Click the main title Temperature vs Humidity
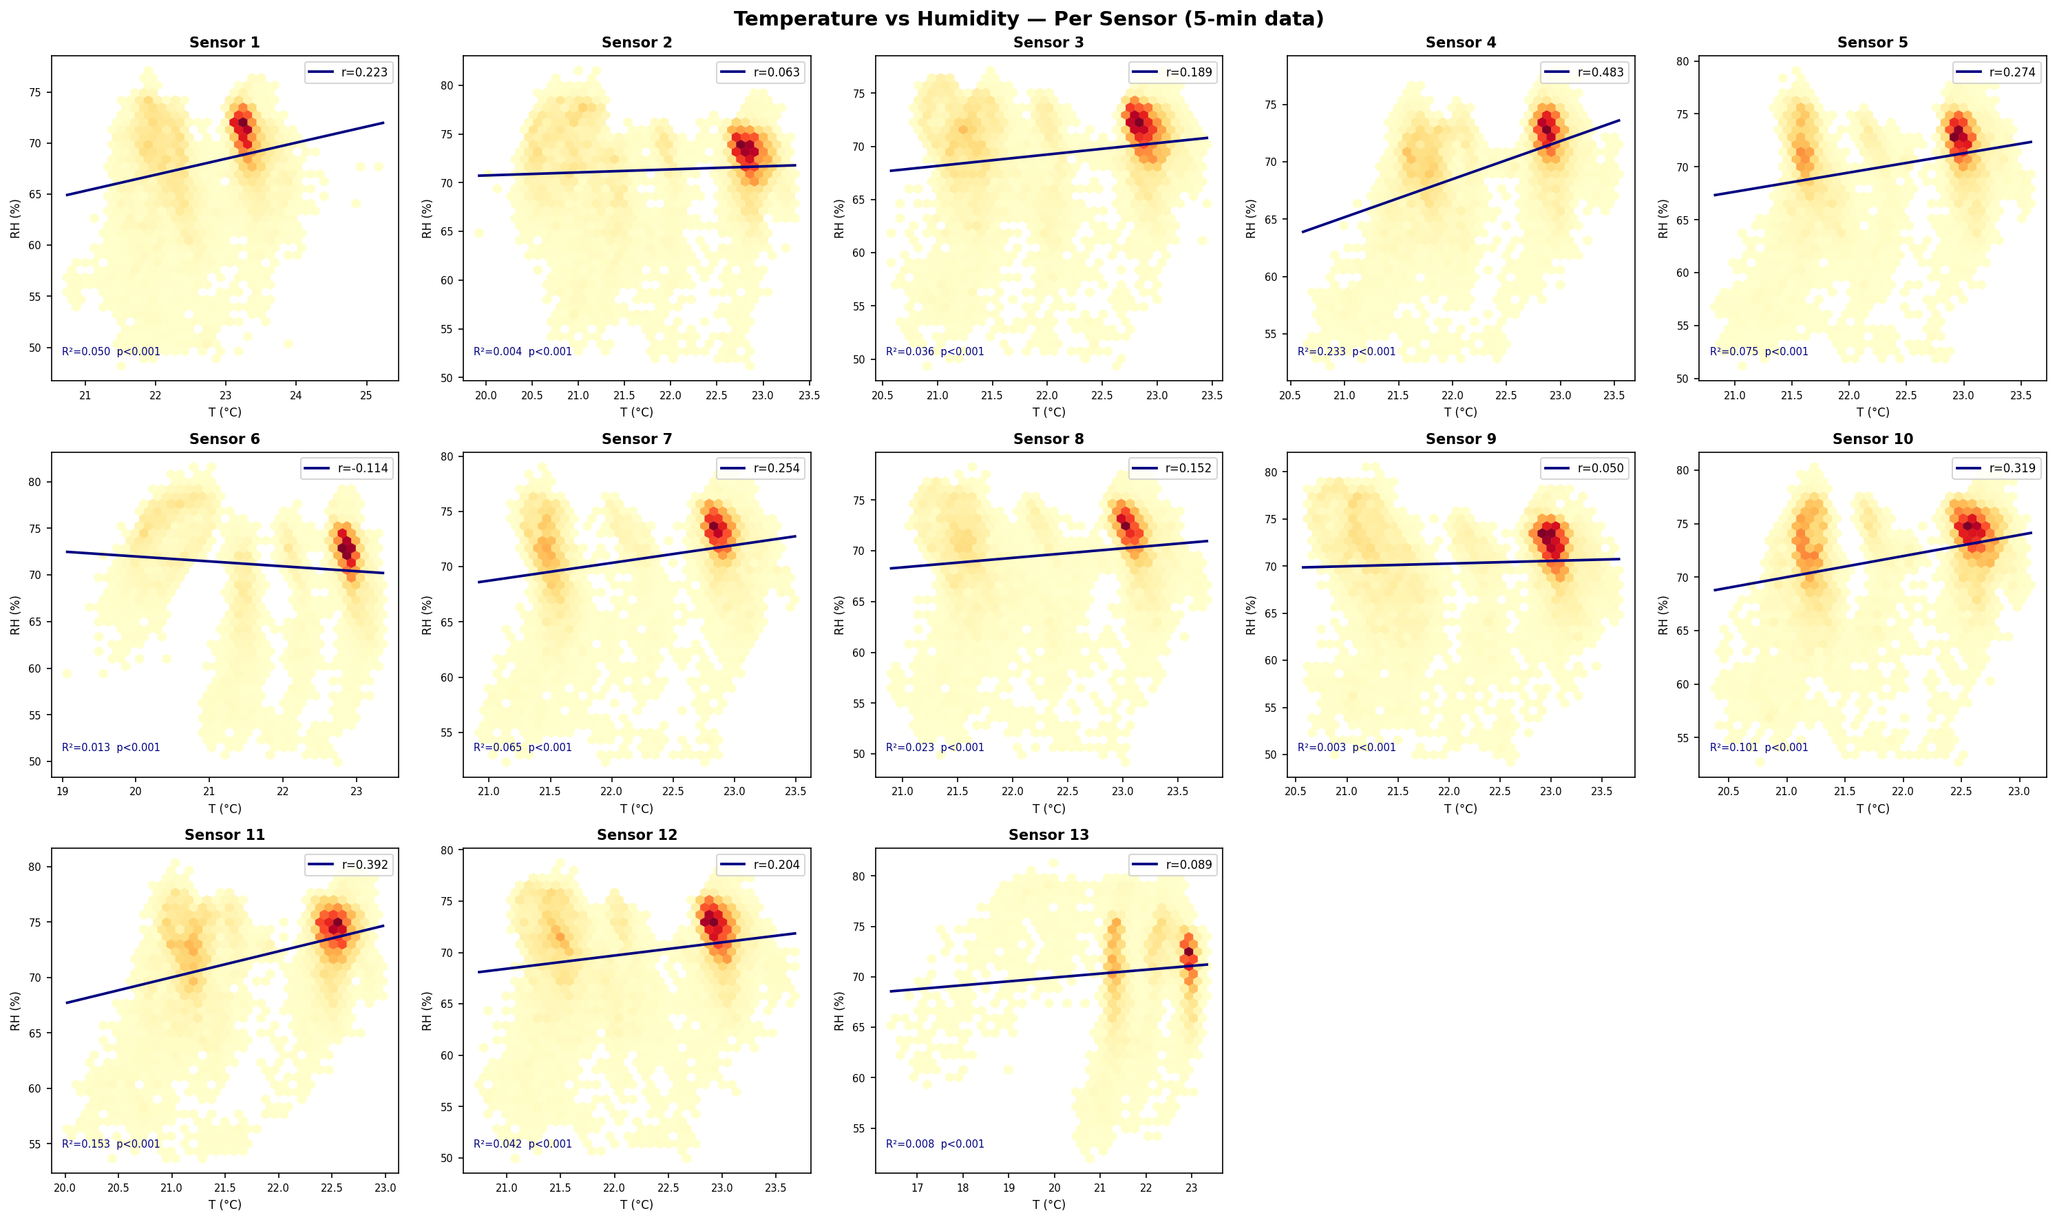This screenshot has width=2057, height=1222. point(1028,18)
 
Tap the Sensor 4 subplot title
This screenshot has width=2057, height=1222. point(1460,42)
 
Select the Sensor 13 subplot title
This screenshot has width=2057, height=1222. point(1048,834)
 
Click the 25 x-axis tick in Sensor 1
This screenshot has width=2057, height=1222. point(366,395)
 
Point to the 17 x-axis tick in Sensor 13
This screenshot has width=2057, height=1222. point(918,1188)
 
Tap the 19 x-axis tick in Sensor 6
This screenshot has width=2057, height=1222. point(62,791)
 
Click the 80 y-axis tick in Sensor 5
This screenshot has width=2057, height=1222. point(1682,62)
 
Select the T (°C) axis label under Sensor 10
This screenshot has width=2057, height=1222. point(1872,809)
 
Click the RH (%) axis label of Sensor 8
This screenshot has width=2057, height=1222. point(839,615)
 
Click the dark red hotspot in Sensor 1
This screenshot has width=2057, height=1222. point(242,123)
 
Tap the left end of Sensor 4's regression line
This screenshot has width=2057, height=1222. point(1302,232)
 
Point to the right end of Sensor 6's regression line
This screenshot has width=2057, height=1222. point(383,573)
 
